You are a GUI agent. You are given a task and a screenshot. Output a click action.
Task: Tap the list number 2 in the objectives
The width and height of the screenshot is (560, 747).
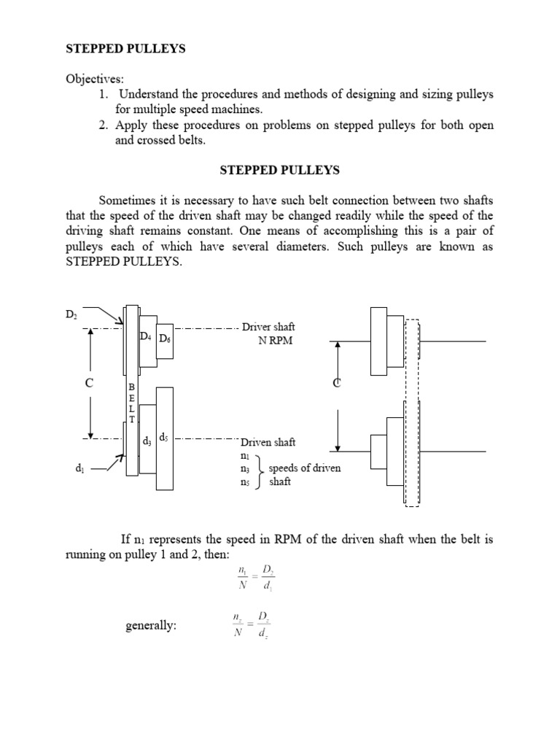104,125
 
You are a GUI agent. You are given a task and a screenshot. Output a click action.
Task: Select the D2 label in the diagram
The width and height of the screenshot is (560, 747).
71,314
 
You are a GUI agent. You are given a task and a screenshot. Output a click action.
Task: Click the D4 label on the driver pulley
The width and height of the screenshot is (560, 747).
146,337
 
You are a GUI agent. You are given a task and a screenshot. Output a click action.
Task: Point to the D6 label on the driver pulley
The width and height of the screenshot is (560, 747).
165,338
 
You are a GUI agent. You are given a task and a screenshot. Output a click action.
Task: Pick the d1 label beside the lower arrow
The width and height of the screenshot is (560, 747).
79,468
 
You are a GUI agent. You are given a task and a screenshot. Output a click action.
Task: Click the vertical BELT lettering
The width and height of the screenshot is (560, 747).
131,402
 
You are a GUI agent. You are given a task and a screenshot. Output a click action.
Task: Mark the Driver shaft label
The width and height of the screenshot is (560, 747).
268,328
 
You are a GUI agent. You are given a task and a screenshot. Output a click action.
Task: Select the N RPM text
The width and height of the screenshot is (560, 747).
275,341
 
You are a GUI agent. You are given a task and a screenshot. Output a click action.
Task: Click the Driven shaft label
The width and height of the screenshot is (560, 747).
268,442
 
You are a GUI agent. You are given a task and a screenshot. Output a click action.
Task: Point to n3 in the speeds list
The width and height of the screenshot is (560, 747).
244,469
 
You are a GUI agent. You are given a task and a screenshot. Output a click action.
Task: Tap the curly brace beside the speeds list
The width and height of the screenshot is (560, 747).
260,469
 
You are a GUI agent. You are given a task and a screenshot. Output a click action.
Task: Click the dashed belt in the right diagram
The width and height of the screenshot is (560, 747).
413,412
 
